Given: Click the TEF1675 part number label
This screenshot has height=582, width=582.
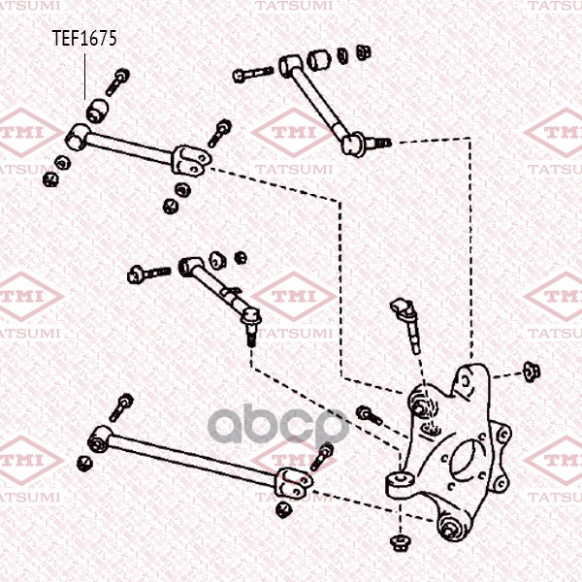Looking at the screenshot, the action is coord(84,38).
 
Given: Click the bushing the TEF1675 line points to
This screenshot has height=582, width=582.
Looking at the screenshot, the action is coord(97,111).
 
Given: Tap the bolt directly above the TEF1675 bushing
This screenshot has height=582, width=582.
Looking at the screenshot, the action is coord(116,81).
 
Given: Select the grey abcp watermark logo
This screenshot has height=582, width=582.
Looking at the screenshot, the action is coord(278,426).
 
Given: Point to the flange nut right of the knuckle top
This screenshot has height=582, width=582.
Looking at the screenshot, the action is coord(531,372).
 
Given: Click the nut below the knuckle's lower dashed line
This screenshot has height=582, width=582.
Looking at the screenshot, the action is coord(400,542).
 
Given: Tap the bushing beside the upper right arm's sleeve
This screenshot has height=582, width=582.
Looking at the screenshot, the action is coord(319,58).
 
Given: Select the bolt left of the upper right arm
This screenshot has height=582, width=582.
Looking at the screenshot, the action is coord(253,74).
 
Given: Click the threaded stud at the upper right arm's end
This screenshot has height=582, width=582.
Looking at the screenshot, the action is coord(378,143).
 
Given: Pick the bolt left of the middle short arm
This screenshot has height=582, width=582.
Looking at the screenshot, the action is coord(148,274).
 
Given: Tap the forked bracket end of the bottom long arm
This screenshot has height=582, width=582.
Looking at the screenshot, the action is coord(294,483).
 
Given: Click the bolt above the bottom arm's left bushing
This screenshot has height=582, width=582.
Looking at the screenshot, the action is coord(121,407).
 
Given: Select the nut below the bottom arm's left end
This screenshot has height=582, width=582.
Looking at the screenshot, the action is coord(84,464).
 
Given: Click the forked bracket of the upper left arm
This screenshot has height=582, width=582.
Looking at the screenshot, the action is coord(191,160).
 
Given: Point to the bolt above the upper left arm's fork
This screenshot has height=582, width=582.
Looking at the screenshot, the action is coord(219,133).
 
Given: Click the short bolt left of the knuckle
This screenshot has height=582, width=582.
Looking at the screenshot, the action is coord(370,415).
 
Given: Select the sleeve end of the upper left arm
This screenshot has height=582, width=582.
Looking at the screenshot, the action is coord(78,137).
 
